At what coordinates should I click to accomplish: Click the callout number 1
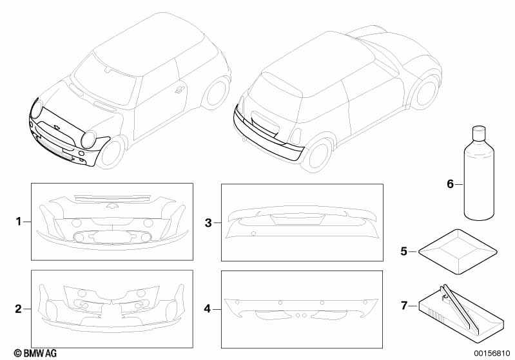(19, 222)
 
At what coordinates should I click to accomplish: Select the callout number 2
(19, 309)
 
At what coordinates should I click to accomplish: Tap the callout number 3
(208, 223)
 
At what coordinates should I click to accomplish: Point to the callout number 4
(208, 309)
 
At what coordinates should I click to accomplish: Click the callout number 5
(404, 251)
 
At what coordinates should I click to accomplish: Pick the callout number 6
(451, 184)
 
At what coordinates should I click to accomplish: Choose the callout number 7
(404, 305)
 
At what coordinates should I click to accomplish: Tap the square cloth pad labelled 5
(458, 252)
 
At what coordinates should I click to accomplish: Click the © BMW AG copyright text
(35, 353)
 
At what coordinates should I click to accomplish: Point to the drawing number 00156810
(492, 354)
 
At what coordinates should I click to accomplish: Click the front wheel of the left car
(111, 153)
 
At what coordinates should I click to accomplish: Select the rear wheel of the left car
(217, 93)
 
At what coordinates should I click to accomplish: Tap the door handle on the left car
(180, 89)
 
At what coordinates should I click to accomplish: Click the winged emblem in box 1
(112, 206)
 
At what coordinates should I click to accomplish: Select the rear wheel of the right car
(426, 93)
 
